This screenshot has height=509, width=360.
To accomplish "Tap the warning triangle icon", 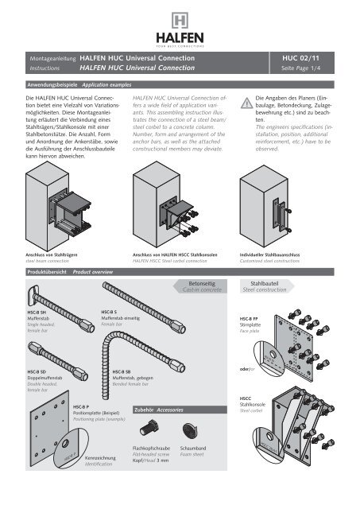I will click(247, 99).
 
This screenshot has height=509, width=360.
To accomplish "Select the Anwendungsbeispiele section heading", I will click(49, 83).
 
